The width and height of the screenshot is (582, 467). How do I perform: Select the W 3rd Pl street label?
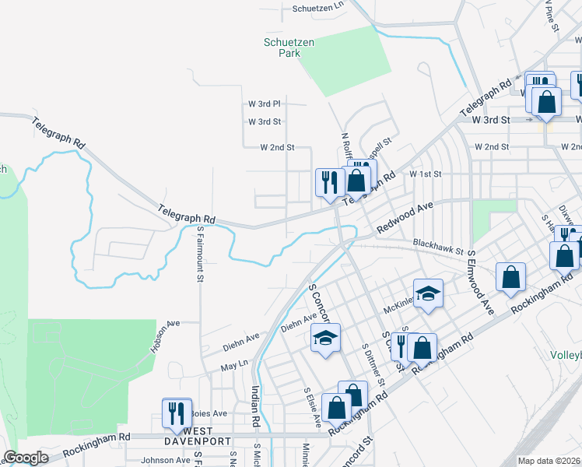(265, 103)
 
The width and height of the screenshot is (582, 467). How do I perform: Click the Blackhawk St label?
(438, 247)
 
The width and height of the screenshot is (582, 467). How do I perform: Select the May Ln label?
(233, 364)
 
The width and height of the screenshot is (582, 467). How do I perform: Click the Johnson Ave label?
(166, 460)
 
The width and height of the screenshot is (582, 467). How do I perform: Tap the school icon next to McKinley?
(428, 293)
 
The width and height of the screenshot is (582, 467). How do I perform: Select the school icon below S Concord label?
(325, 337)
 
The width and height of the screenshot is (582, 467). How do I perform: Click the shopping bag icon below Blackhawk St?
(510, 276)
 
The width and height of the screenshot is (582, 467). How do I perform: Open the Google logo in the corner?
(26, 458)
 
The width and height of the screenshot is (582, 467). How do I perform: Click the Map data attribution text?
(549, 461)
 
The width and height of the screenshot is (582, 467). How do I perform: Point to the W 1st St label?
(426, 174)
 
